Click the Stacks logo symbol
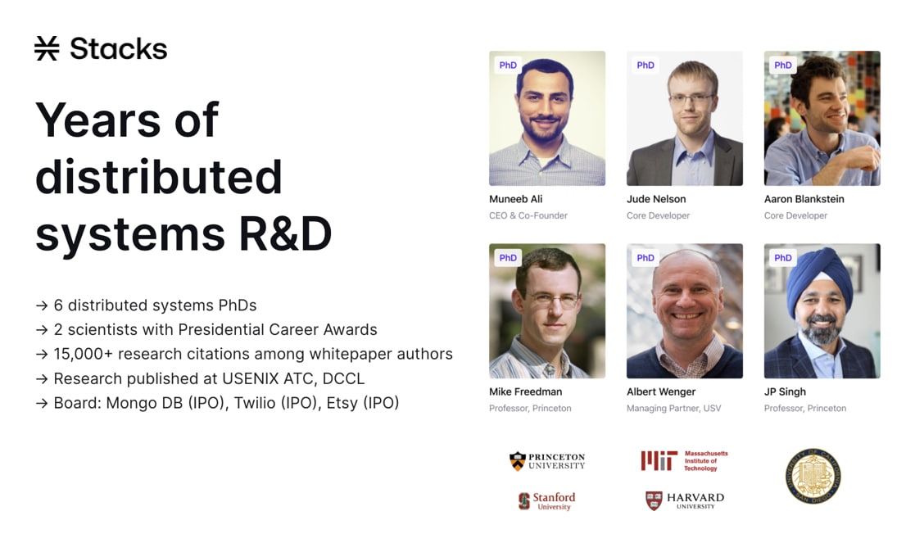(x=47, y=48)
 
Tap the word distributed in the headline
(x=159, y=177)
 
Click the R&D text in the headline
(x=285, y=234)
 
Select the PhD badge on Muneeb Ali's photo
(x=508, y=65)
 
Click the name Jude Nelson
(x=656, y=199)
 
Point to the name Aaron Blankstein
(x=804, y=199)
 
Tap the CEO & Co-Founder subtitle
(x=528, y=215)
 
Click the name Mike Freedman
(x=526, y=392)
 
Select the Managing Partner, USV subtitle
(x=673, y=408)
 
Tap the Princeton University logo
(x=546, y=461)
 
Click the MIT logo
(x=684, y=461)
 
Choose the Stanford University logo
(x=546, y=501)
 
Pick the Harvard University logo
(x=685, y=500)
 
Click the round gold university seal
(x=813, y=476)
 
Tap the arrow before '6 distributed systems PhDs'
(x=42, y=305)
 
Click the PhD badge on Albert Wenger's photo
(x=645, y=258)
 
